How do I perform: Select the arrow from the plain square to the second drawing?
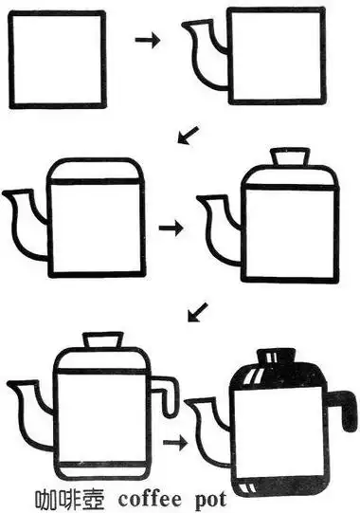pos(148,40)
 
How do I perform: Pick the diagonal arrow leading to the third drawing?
pos(188,135)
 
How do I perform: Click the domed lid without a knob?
pos(96,170)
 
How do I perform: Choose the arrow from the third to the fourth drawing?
pos(171,228)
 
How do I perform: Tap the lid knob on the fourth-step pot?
pos(291,156)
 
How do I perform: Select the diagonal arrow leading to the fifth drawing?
pos(198,312)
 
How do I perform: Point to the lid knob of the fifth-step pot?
pos(103,340)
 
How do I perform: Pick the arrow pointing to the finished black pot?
pos(175,444)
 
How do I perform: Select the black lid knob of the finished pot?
pos(277,356)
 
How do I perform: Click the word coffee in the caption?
pos(150,500)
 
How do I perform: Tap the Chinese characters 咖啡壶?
pos(70,501)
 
